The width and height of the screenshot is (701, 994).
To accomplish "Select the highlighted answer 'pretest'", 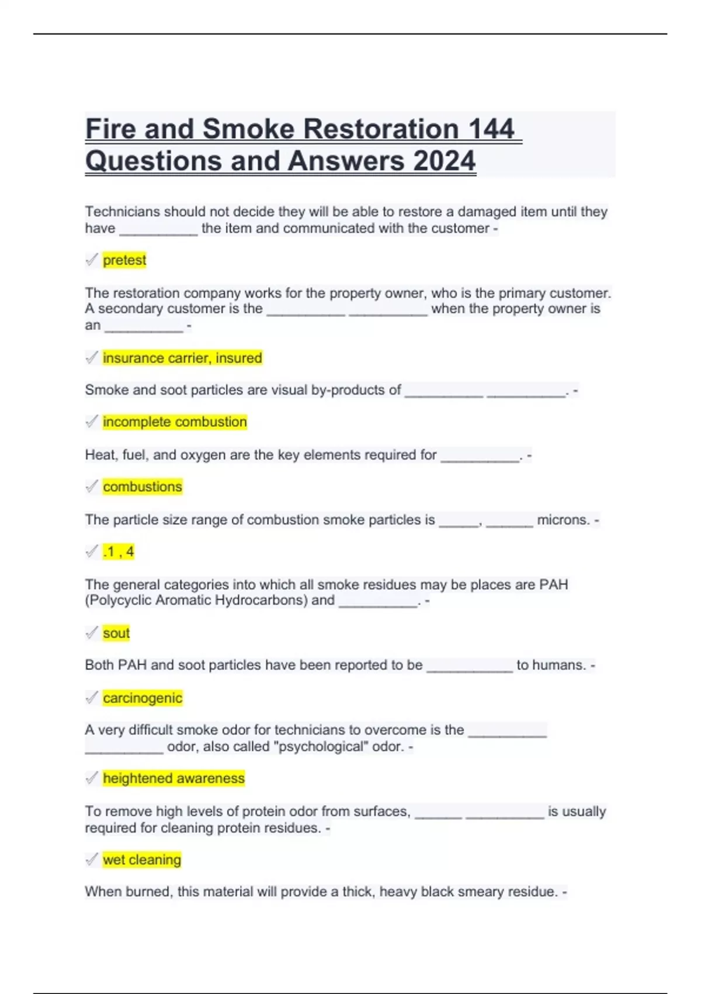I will coord(124,260).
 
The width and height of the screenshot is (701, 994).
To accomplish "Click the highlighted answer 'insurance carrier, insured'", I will coord(182,358).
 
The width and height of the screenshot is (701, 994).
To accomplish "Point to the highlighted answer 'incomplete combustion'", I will coord(175,422).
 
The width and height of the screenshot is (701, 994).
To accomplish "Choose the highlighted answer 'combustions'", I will coord(143,487).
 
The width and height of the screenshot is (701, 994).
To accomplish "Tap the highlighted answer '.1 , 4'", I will coord(119,552).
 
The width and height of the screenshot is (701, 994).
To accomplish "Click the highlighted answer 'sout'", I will coord(116,633).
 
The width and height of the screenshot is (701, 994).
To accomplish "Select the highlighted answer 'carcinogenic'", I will coord(143,698).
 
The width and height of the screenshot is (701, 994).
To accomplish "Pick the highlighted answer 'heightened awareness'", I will coord(173,779).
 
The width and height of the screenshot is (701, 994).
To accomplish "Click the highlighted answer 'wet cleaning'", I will coord(142,860).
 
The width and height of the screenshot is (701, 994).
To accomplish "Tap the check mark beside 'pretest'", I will coord(92,260).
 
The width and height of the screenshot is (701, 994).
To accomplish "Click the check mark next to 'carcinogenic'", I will coord(92,698).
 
